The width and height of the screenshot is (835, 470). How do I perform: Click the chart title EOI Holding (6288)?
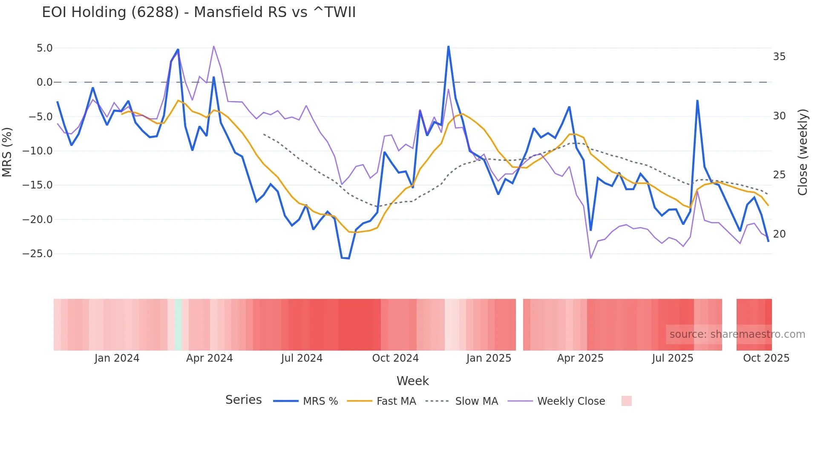pyautogui.click(x=199, y=12)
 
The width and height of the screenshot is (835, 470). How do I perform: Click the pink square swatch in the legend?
pyautogui.click(x=626, y=401)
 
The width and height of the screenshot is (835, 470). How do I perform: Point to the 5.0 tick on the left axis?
pyautogui.click(x=44, y=48)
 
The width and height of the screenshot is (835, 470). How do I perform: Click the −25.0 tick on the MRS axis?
pyautogui.click(x=37, y=254)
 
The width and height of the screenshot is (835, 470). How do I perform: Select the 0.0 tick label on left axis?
pyautogui.click(x=44, y=82)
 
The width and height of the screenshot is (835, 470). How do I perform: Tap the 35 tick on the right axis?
pyautogui.click(x=779, y=57)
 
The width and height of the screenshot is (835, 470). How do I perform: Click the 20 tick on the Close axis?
pyautogui.click(x=779, y=234)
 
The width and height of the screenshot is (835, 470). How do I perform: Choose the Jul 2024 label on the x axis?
pyautogui.click(x=302, y=358)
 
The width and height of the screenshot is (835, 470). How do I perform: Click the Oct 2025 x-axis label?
pyautogui.click(x=766, y=358)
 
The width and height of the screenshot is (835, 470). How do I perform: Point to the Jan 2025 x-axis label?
pyautogui.click(x=489, y=358)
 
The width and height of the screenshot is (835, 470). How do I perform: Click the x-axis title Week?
pyautogui.click(x=412, y=381)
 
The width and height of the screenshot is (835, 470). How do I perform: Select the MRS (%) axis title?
pyautogui.click(x=7, y=152)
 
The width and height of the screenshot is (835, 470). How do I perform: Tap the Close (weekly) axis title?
pyautogui.click(x=803, y=152)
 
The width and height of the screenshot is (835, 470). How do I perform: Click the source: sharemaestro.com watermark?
pyautogui.click(x=737, y=334)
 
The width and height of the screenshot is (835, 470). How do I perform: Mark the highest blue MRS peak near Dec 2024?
pyautogui.click(x=449, y=46)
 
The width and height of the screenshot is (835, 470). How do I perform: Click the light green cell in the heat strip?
pyautogui.click(x=179, y=325)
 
